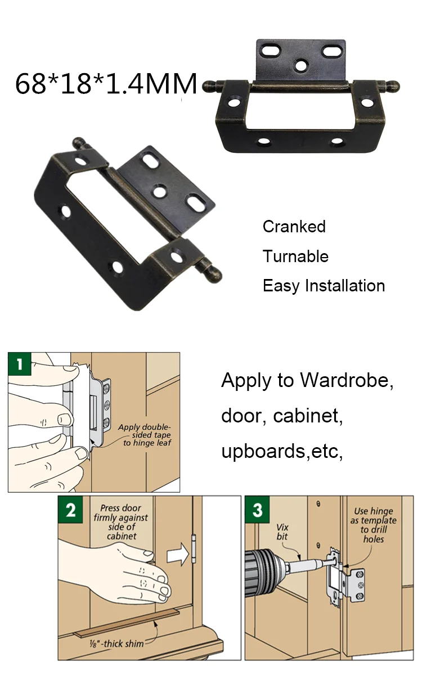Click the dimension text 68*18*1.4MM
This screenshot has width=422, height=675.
pyautogui.click(x=106, y=83)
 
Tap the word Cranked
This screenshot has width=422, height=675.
pyautogui.click(x=294, y=227)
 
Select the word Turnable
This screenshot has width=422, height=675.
pyautogui.click(x=295, y=256)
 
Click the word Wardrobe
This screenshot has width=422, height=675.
pyautogui.click(x=347, y=380)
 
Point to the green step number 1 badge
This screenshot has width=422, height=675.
pyautogui.click(x=20, y=364)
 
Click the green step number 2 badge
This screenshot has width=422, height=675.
pyautogui.click(x=70, y=511)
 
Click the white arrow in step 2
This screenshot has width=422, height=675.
pyautogui.click(x=178, y=553)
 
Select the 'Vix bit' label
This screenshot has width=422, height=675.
pyautogui.click(x=282, y=532)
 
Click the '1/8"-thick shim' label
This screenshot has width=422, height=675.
pyautogui.click(x=116, y=643)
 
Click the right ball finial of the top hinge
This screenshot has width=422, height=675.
pyautogui.click(x=393, y=86)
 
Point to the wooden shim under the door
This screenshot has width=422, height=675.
pyautogui.click(x=127, y=621)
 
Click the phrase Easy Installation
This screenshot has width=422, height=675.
pyautogui.click(x=324, y=286)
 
